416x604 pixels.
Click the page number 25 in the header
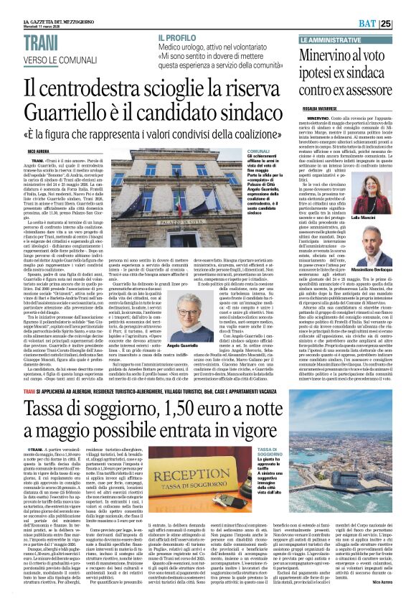click(x=405, y=24)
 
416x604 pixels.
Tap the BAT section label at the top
click(x=384, y=24)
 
